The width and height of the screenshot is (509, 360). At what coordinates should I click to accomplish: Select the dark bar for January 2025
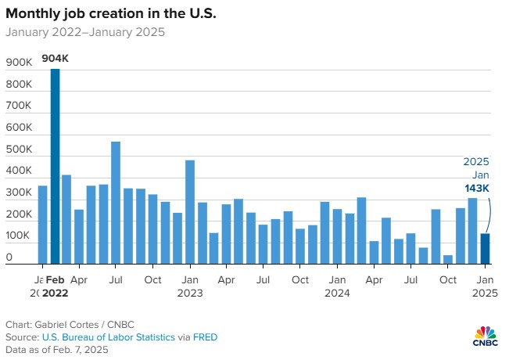(x=485, y=249)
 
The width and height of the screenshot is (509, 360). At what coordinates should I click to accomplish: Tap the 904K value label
(x=55, y=58)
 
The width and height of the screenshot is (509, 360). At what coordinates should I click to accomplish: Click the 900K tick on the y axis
(x=19, y=63)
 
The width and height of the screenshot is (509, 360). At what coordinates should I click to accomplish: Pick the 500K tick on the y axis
(x=19, y=149)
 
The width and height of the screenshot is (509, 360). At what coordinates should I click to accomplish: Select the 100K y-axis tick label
(x=19, y=236)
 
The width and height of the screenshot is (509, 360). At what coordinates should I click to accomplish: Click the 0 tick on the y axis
(x=9, y=257)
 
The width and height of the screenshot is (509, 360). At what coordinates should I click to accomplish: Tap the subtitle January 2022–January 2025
(x=85, y=33)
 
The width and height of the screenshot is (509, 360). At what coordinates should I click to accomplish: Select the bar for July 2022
(x=116, y=203)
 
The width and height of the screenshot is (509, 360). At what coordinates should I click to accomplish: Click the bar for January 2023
(x=189, y=212)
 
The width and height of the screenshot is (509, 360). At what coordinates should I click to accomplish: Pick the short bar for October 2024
(x=448, y=260)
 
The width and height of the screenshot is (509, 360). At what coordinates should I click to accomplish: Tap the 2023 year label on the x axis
(x=189, y=293)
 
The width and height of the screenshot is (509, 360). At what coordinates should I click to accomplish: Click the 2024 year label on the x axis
(x=337, y=293)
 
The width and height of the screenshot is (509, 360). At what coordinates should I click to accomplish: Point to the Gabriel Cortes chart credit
(x=67, y=324)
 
